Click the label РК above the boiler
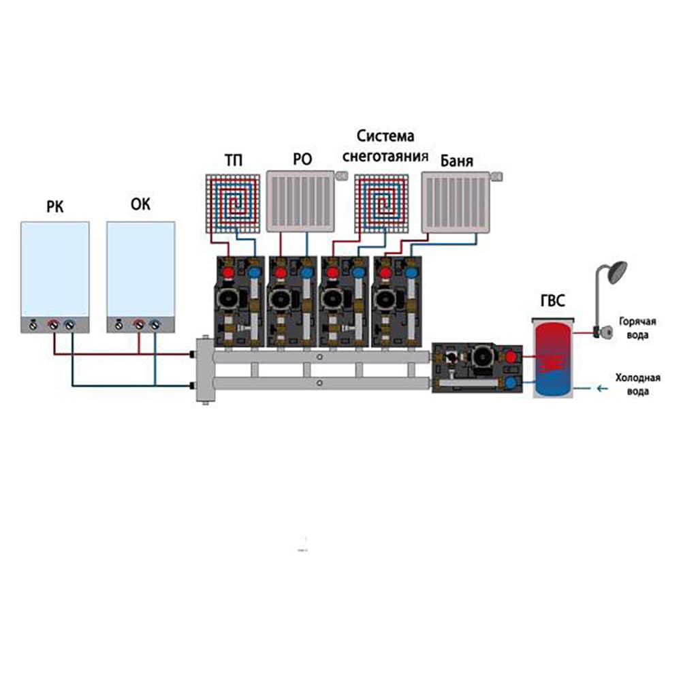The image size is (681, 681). tap(54, 206)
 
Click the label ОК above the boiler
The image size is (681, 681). tap(140, 204)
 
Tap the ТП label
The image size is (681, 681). tap(234, 161)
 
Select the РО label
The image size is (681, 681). tap(302, 161)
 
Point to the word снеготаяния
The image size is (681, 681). tap(385, 155)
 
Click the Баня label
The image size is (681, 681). tap(456, 162)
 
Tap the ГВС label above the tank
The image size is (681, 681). tap(552, 302)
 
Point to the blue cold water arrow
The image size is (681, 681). tap(600, 389)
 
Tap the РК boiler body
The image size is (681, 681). tap(54, 272)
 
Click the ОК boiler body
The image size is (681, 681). tap(140, 272)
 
